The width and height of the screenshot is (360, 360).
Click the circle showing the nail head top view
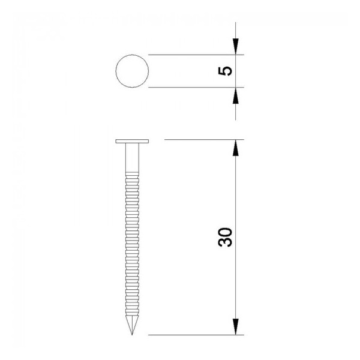coord(131,71)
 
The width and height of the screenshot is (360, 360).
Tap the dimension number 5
coord(226,71)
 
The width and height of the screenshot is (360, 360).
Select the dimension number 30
coord(226,238)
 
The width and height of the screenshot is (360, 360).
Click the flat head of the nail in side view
coord(131,142)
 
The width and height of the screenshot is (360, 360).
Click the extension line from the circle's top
coord(192,55)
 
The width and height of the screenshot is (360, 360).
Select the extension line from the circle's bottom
coord(192,88)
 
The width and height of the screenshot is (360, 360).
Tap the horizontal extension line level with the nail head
coord(198,140)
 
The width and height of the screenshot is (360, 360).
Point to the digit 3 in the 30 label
coord(226,243)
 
